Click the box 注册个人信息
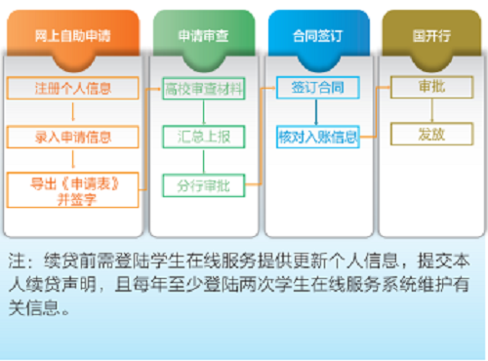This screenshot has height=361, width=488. pos(73,88)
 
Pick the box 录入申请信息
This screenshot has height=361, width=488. pos(73,137)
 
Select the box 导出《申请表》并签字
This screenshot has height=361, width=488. pos(73,187)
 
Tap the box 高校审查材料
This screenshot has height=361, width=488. pos(202,88)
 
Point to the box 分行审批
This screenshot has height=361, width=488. pos(202,182)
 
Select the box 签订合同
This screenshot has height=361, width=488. pos(318,88)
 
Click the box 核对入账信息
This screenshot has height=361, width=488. pos(318,137)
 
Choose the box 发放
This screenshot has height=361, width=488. pos(430,133)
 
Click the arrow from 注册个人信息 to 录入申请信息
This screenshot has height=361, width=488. pos(73,112)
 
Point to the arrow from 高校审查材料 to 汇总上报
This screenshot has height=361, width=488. pos(202,110)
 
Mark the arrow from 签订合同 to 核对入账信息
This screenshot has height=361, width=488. pos(318,112)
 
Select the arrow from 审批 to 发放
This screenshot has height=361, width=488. pos(430,110)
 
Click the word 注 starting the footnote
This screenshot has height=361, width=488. pos(16,262)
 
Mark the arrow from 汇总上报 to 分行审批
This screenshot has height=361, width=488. pos(202,158)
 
